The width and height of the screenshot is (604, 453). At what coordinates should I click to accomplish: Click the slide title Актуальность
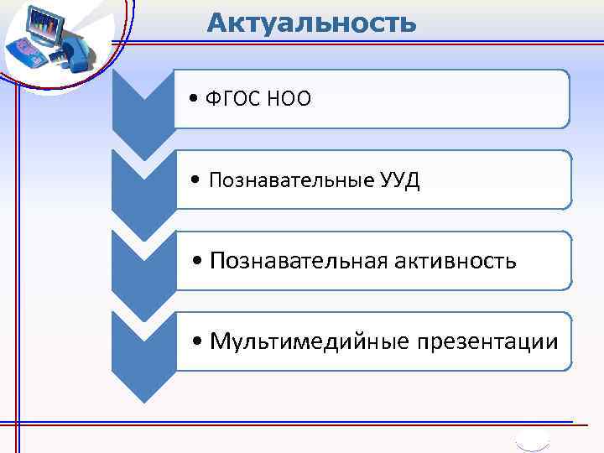pyautogui.click(x=311, y=23)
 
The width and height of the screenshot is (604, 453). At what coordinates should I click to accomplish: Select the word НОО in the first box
pyautogui.click(x=290, y=100)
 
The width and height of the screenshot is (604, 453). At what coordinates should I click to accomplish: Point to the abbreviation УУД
pyautogui.click(x=398, y=180)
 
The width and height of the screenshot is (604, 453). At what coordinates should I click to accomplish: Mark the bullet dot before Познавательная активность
pyautogui.click(x=197, y=262)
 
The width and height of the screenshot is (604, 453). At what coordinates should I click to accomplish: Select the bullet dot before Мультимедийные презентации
pyautogui.click(x=197, y=342)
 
